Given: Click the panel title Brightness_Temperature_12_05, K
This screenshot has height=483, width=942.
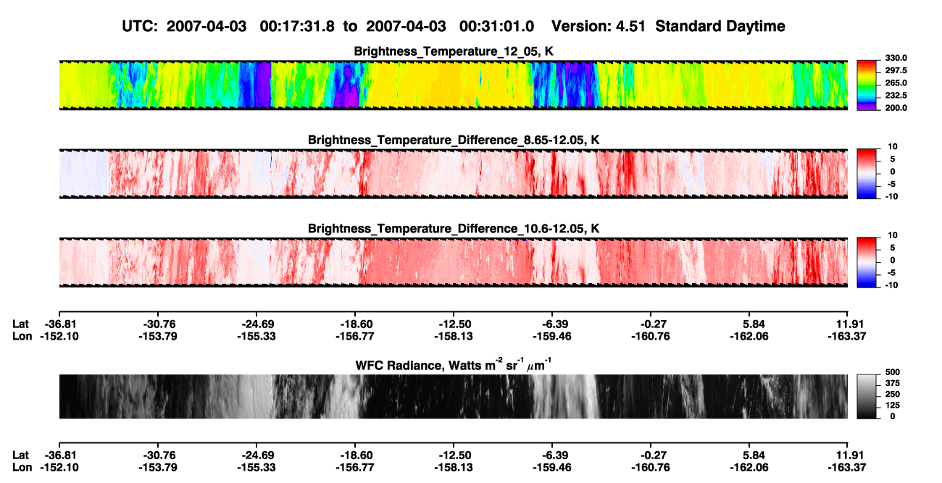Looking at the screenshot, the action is [x=454, y=51].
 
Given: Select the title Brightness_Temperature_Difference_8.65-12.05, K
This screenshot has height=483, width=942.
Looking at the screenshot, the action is [x=454, y=140].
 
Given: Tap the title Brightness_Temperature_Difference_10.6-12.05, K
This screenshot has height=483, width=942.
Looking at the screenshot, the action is [x=454, y=229].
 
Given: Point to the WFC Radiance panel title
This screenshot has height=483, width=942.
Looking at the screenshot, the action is [x=454, y=365].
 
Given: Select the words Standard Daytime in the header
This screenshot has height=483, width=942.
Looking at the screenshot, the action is [x=720, y=26].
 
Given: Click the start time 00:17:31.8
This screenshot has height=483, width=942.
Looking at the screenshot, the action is [x=297, y=26].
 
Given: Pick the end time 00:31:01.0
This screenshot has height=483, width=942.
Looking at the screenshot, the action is [x=496, y=26].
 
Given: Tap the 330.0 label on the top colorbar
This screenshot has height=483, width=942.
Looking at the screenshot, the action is [x=896, y=58].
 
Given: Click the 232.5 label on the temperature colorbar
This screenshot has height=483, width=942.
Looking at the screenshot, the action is [x=896, y=96].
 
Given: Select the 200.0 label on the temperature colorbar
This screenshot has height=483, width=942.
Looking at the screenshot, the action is [x=896, y=108].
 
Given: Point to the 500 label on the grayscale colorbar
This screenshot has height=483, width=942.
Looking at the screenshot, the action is [x=893, y=372].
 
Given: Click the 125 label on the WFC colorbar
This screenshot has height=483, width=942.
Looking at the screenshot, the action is [x=893, y=406].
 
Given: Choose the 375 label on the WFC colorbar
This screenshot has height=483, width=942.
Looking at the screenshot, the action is [x=893, y=383].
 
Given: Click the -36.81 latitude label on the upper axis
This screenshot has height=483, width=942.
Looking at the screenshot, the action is [x=59, y=324].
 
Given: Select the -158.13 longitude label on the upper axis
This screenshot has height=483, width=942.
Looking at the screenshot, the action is [x=454, y=336].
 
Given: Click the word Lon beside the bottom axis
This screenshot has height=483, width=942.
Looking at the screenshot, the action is [x=22, y=468].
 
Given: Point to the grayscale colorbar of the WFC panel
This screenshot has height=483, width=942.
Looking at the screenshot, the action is [x=867, y=396].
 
